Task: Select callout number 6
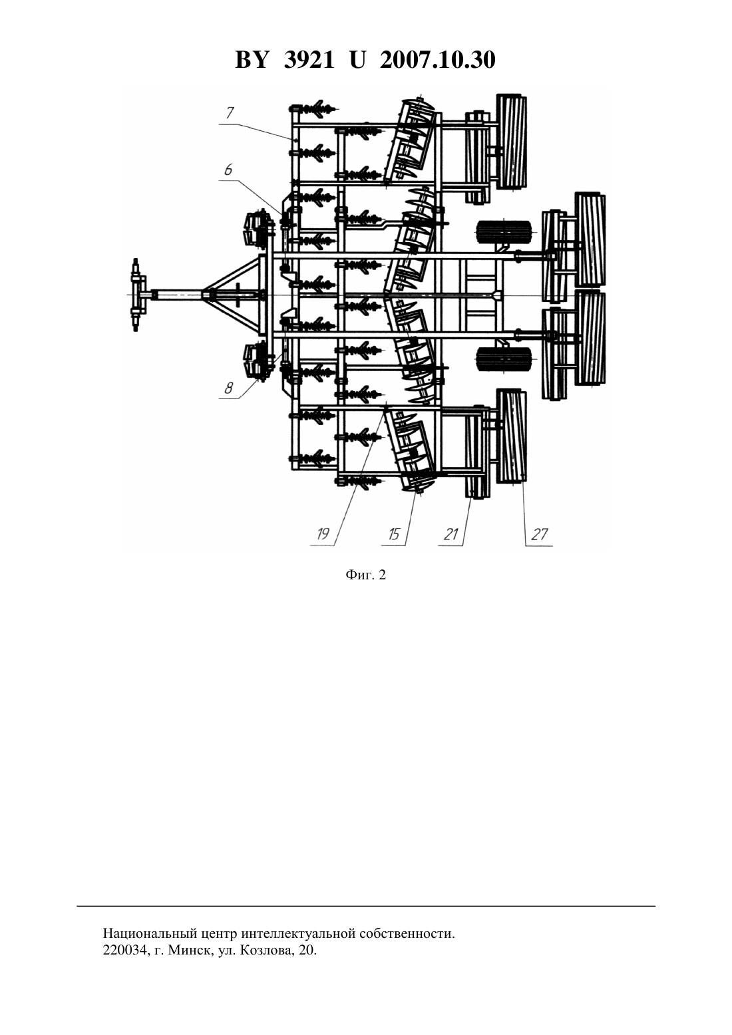pos(228,170)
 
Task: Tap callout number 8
pos(229,388)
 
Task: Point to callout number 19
pos(323,534)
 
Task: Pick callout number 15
pos(393,534)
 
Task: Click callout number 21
pos(451,534)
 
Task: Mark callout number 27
pos(539,534)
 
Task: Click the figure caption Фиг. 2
pos(365,575)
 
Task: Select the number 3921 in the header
pos(309,60)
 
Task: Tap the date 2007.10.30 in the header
pos(438,60)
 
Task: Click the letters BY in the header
pos(252,60)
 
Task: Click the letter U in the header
pos(357,60)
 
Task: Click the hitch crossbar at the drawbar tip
pos(136,295)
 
